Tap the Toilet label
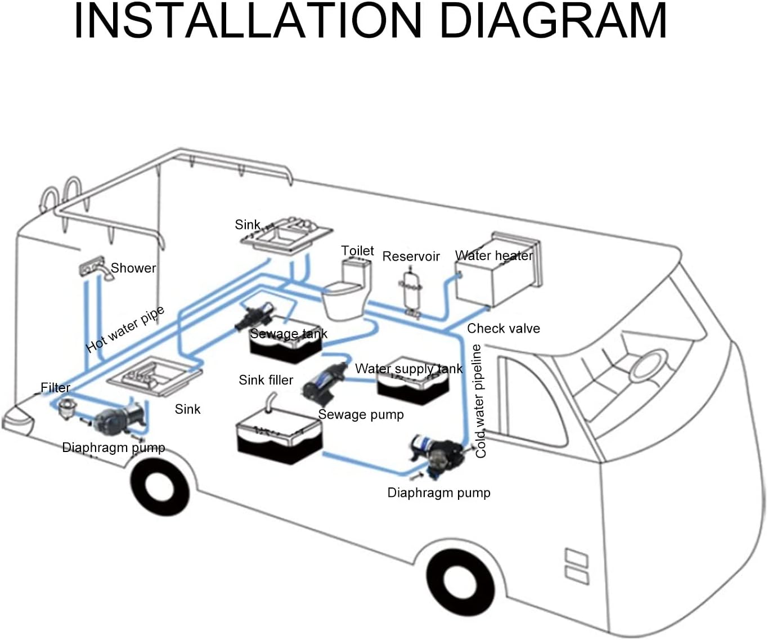357,250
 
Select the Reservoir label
411,257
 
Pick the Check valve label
503,328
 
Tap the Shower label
133,268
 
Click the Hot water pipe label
125,329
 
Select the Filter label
55,388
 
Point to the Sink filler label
266,380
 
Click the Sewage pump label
361,415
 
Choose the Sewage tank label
288,334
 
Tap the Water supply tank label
408,369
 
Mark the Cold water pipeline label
479,401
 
